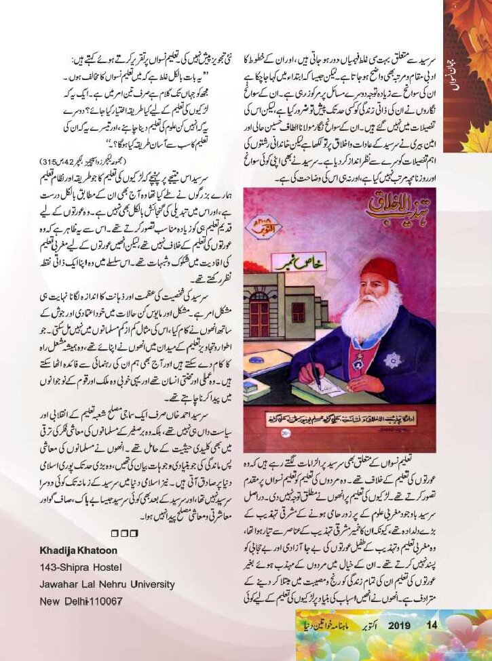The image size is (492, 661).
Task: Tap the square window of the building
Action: click(x=299, y=313)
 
